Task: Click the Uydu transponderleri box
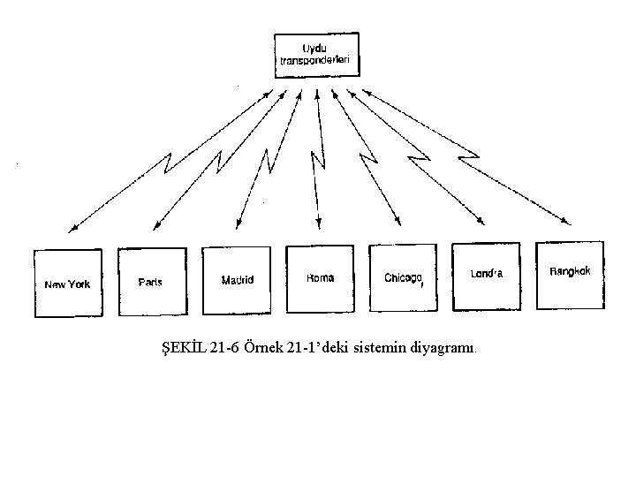tap(317, 55)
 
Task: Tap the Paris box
tap(151, 280)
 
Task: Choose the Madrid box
tap(237, 278)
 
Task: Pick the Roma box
tap(320, 277)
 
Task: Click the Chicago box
tap(404, 277)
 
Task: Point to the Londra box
tap(487, 275)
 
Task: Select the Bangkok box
tap(571, 274)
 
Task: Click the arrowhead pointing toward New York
tap(73, 230)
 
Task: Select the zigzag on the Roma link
tap(316, 164)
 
